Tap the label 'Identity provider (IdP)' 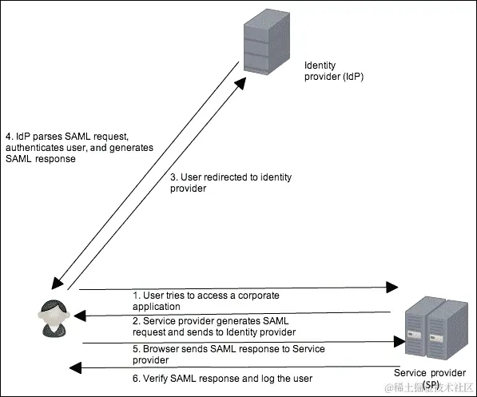[x=334, y=70]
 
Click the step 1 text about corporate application [x=205, y=300]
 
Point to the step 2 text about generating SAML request [x=213, y=326]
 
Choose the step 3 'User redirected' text [x=221, y=184]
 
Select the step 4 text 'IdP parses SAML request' [x=78, y=147]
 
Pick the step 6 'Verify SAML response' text [x=221, y=378]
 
